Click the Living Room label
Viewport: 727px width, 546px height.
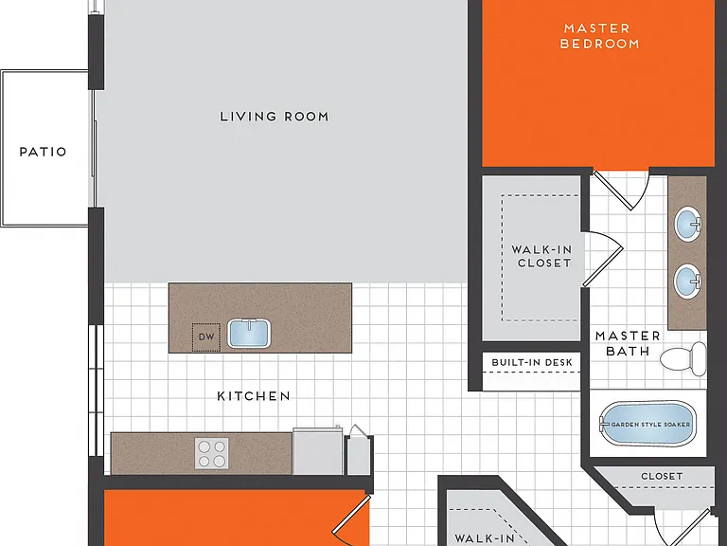(275, 117)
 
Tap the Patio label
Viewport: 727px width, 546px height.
(44, 152)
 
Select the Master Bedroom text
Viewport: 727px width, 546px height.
(599, 36)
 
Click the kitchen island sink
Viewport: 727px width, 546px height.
(249, 333)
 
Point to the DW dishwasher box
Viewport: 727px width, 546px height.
(205, 337)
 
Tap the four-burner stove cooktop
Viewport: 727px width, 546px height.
(211, 454)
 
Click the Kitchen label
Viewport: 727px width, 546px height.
(254, 396)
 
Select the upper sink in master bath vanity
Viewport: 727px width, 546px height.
(687, 224)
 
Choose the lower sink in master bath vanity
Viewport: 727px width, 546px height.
(687, 281)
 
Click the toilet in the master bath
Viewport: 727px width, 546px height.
(683, 359)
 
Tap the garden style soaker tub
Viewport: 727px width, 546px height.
(648, 424)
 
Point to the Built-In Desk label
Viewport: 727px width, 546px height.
(532, 363)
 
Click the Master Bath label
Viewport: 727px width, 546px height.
(628, 343)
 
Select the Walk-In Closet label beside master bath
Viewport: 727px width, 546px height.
(542, 256)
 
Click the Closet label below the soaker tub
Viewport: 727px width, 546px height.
(662, 477)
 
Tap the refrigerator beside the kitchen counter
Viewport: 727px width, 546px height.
(318, 450)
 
